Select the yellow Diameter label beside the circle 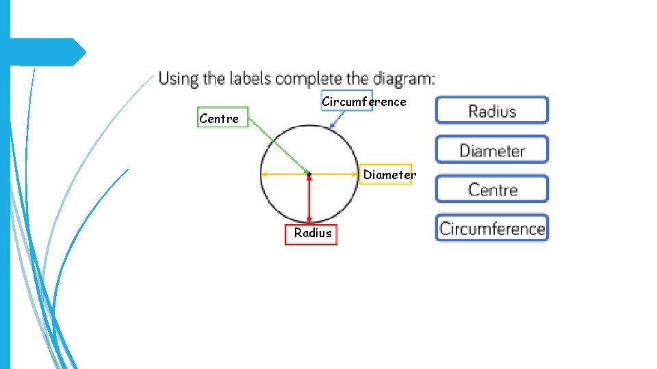coord(386,174)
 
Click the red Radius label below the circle coord(311,233)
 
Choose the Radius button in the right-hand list coord(492,110)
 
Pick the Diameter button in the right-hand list coord(492,150)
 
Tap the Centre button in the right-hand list coord(492,189)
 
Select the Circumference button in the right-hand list coord(492,228)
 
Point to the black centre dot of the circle coord(309,174)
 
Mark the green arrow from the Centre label coord(277,146)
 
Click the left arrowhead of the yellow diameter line coord(264,174)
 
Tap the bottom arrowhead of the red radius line coord(309,219)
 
